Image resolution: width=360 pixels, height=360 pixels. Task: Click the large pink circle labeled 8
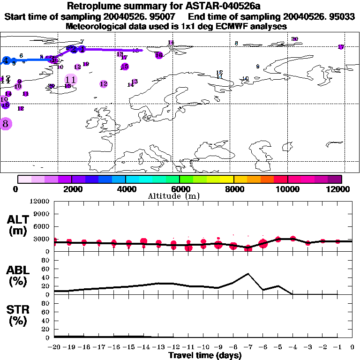click(x=6, y=124)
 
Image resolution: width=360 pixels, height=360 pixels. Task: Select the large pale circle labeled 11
click(x=71, y=80)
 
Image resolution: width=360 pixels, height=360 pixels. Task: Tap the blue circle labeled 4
click(x=6, y=60)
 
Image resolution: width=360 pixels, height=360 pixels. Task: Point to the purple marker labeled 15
click(x=124, y=67)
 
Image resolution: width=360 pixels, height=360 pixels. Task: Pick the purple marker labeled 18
click(x=159, y=55)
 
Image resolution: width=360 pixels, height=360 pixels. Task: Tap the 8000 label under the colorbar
click(x=233, y=189)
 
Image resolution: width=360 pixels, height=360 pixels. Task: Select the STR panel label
click(x=18, y=315)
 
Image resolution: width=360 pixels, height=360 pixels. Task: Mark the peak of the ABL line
click(x=248, y=274)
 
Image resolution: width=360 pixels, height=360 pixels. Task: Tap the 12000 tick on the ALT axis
click(x=40, y=202)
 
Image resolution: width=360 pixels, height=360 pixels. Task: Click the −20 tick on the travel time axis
click(x=54, y=347)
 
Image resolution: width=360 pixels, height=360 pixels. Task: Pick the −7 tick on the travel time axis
click(x=248, y=347)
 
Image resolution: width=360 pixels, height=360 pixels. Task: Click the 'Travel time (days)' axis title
click(x=205, y=355)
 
